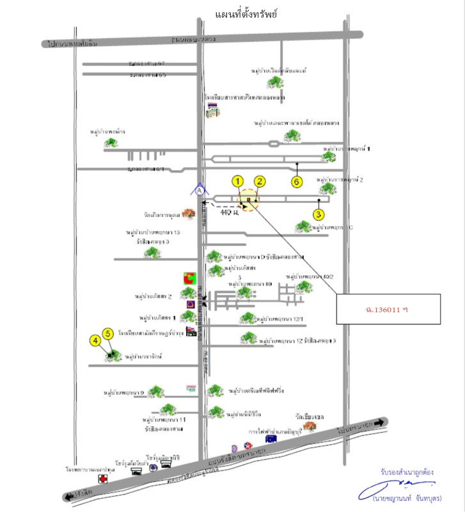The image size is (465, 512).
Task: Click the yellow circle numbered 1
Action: point(238,181)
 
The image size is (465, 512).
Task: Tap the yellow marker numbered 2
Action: point(259,181)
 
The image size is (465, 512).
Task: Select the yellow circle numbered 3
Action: point(319,214)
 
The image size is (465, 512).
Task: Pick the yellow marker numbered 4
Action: point(95,341)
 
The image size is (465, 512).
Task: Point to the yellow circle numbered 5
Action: point(107,333)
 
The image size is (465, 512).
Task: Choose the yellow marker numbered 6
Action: point(296,181)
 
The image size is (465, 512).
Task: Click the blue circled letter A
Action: point(200,190)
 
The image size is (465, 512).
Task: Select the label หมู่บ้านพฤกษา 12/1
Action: point(283,318)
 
